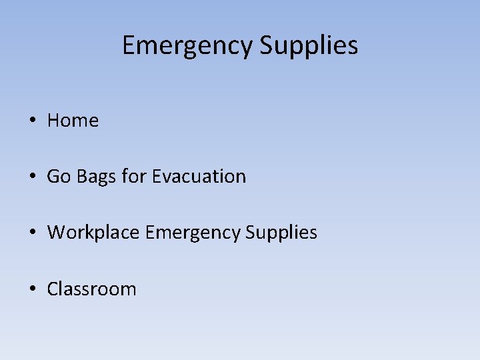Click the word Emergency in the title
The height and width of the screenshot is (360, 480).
[187, 46]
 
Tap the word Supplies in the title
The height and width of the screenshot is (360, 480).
[309, 46]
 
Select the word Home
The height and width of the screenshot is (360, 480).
[73, 121]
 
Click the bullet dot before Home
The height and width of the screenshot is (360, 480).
[32, 121]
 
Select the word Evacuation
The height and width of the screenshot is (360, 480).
[199, 177]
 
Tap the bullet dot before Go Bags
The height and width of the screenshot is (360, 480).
[32, 177]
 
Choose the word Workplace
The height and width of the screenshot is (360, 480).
[93, 233]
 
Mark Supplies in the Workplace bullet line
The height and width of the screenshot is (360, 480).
[281, 233]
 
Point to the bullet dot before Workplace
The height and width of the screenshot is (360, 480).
[32, 233]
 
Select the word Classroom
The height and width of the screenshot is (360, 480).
[91, 289]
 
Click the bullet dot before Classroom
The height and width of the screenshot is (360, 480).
[32, 289]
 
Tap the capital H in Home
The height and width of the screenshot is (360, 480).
[53, 121]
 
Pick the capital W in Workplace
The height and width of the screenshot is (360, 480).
[56, 233]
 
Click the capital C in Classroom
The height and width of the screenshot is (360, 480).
[52, 289]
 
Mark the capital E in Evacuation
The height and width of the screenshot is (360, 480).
[156, 177]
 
